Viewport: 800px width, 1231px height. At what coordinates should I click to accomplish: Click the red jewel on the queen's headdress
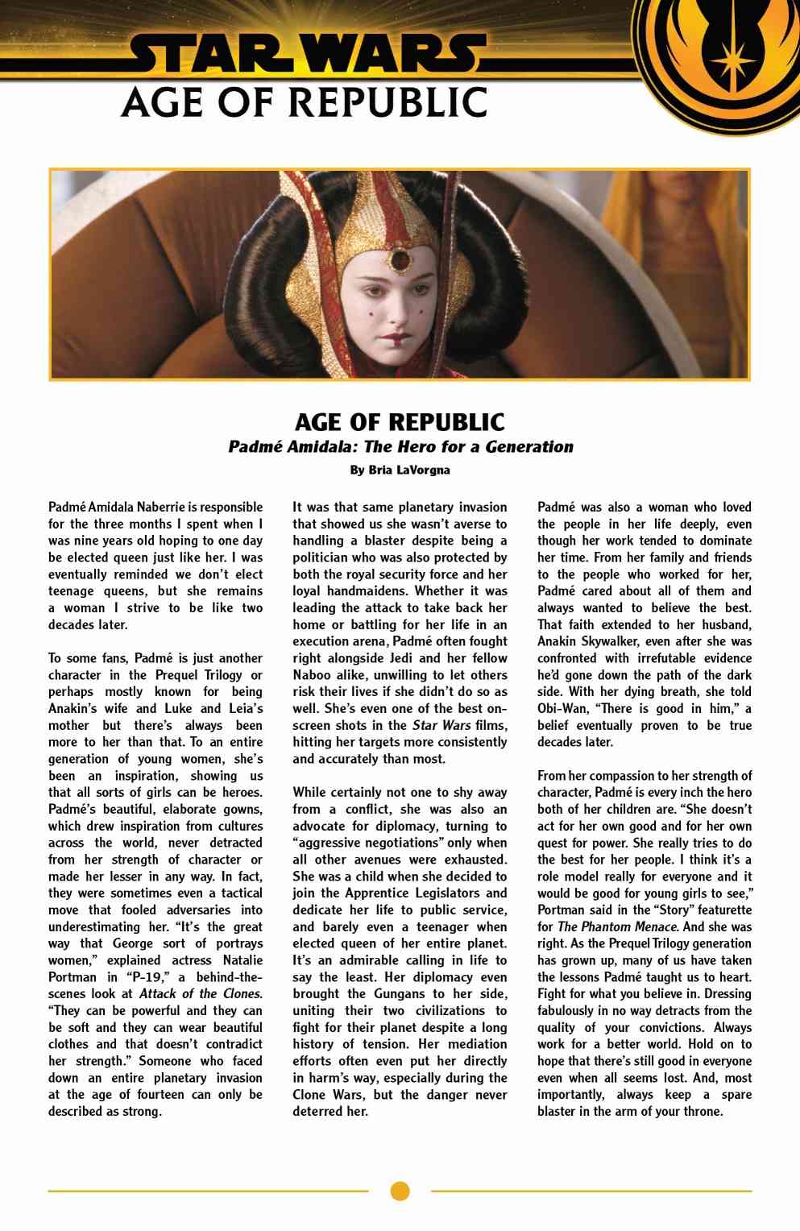click(x=398, y=259)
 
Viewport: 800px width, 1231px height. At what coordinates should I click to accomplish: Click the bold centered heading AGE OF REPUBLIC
click(x=400, y=421)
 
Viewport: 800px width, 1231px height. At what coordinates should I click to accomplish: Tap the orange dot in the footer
click(x=400, y=1191)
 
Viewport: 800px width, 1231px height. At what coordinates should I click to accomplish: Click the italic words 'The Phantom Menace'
click(x=617, y=926)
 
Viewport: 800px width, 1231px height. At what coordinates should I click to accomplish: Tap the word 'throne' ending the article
click(x=703, y=1112)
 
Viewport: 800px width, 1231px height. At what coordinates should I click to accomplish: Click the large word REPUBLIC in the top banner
click(x=387, y=102)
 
